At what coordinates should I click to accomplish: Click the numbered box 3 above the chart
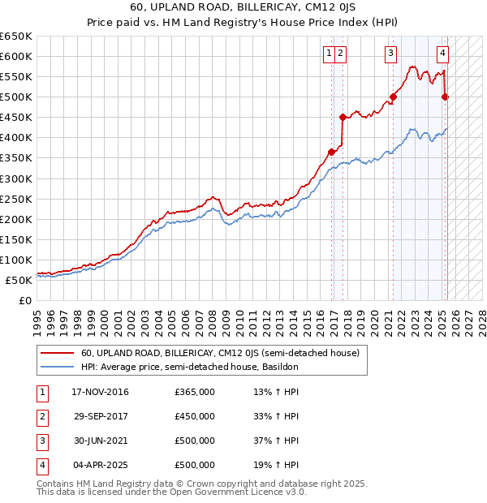tap(390, 54)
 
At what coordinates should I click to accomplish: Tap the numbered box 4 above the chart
tap(443, 54)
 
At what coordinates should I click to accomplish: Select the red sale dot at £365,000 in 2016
tap(331, 152)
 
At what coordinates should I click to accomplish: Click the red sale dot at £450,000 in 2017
tap(343, 117)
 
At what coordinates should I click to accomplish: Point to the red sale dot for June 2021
tap(394, 97)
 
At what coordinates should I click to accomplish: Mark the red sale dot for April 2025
tap(445, 97)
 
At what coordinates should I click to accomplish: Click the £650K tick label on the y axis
tap(16, 37)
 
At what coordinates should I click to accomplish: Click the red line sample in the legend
tap(58, 353)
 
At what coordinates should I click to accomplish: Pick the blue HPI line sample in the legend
tap(58, 367)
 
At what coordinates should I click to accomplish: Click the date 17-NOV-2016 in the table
tap(101, 393)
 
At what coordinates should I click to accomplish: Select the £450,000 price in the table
tap(195, 417)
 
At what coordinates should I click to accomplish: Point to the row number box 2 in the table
tap(41, 417)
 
